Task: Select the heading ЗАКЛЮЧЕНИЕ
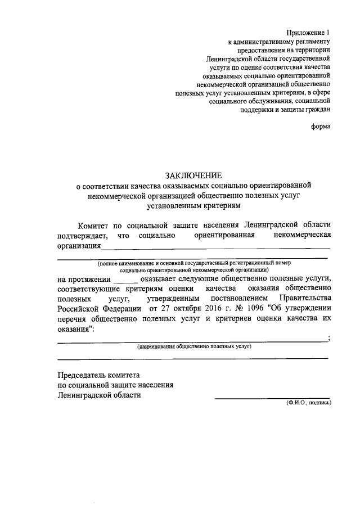[194, 175]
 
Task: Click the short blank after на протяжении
[125, 280]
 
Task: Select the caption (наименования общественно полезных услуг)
[194, 346]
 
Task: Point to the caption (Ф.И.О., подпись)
[308, 403]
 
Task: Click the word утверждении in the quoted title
[307, 308]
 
